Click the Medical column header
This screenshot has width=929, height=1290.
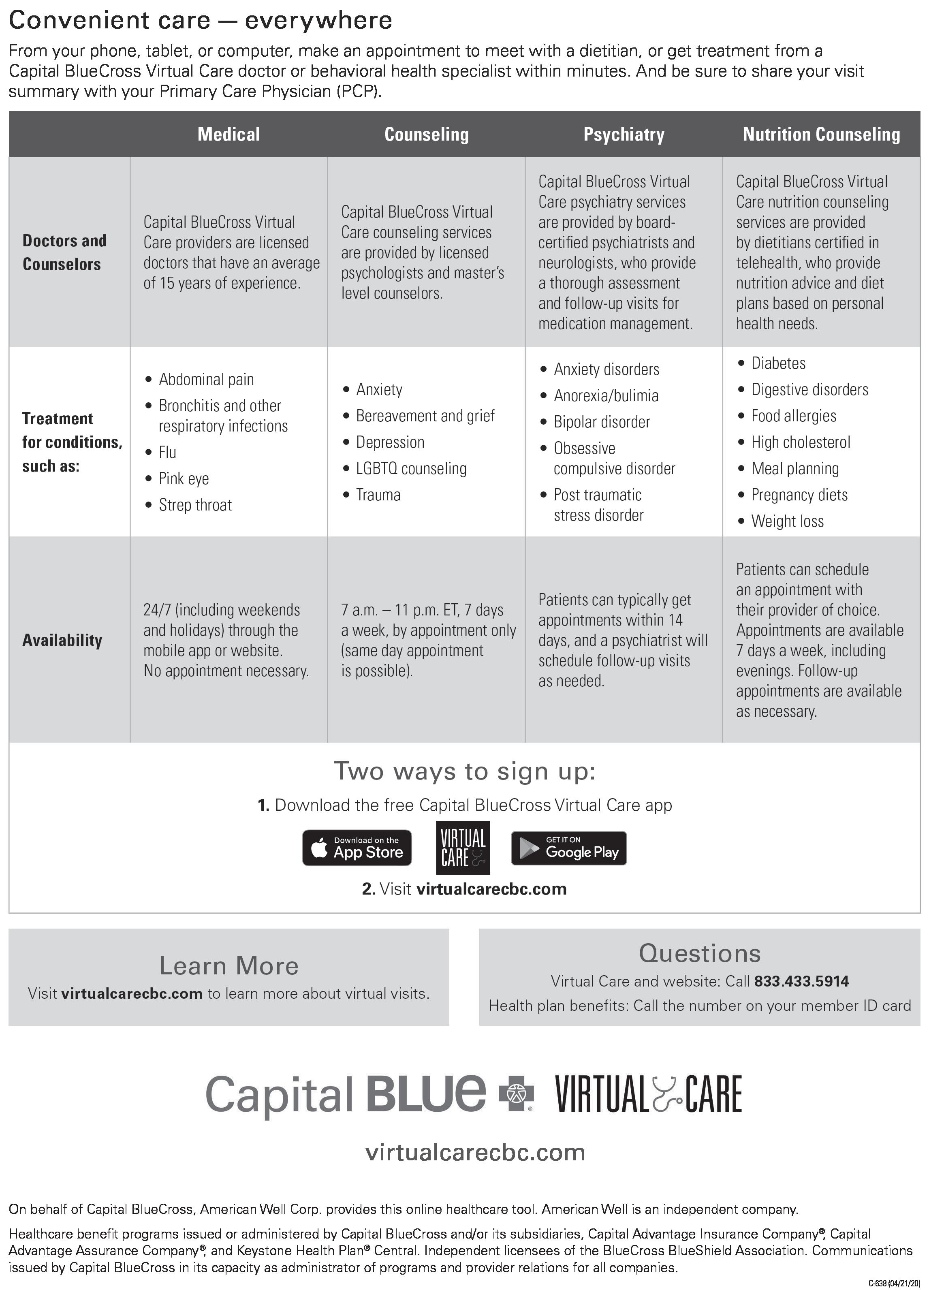tap(229, 134)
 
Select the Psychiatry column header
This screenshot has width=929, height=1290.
tap(624, 134)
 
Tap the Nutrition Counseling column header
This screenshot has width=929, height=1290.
tap(821, 134)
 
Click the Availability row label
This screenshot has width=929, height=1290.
tap(62, 640)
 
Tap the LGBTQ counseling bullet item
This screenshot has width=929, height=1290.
tap(411, 468)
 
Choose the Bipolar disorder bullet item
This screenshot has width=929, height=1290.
tap(601, 421)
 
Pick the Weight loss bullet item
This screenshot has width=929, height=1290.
tap(787, 521)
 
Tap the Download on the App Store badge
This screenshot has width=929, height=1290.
tap(357, 848)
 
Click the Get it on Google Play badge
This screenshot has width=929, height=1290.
tap(568, 848)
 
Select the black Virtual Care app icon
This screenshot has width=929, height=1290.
tap(463, 848)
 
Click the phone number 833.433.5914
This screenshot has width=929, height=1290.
tap(801, 981)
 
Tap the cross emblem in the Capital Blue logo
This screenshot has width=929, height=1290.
tap(517, 1093)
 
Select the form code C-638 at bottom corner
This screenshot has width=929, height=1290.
tap(893, 1283)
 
